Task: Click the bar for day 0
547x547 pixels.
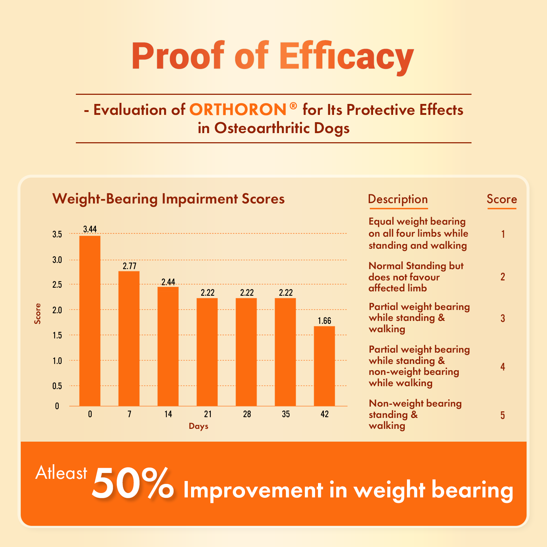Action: [x=90, y=321]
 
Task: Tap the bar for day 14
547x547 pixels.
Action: [x=168, y=346]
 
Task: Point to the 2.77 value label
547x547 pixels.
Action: [x=129, y=266]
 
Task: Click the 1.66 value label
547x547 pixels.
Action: [x=324, y=321]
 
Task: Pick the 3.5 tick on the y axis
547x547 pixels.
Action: [x=57, y=234]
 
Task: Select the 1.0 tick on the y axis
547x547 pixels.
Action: [x=57, y=361]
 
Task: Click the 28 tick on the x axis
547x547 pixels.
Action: [x=247, y=414]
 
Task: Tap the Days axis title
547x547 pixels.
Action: [x=198, y=426]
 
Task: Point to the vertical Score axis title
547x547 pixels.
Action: [x=38, y=314]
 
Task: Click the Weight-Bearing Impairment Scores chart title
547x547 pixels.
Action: [x=168, y=199]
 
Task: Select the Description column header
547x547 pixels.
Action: [x=398, y=199]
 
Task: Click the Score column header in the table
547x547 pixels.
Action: [x=502, y=199]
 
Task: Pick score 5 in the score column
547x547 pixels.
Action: [x=503, y=415]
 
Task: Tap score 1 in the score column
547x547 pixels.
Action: [x=503, y=234]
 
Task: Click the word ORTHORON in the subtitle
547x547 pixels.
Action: [x=238, y=110]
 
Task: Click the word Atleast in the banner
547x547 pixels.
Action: [x=61, y=473]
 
